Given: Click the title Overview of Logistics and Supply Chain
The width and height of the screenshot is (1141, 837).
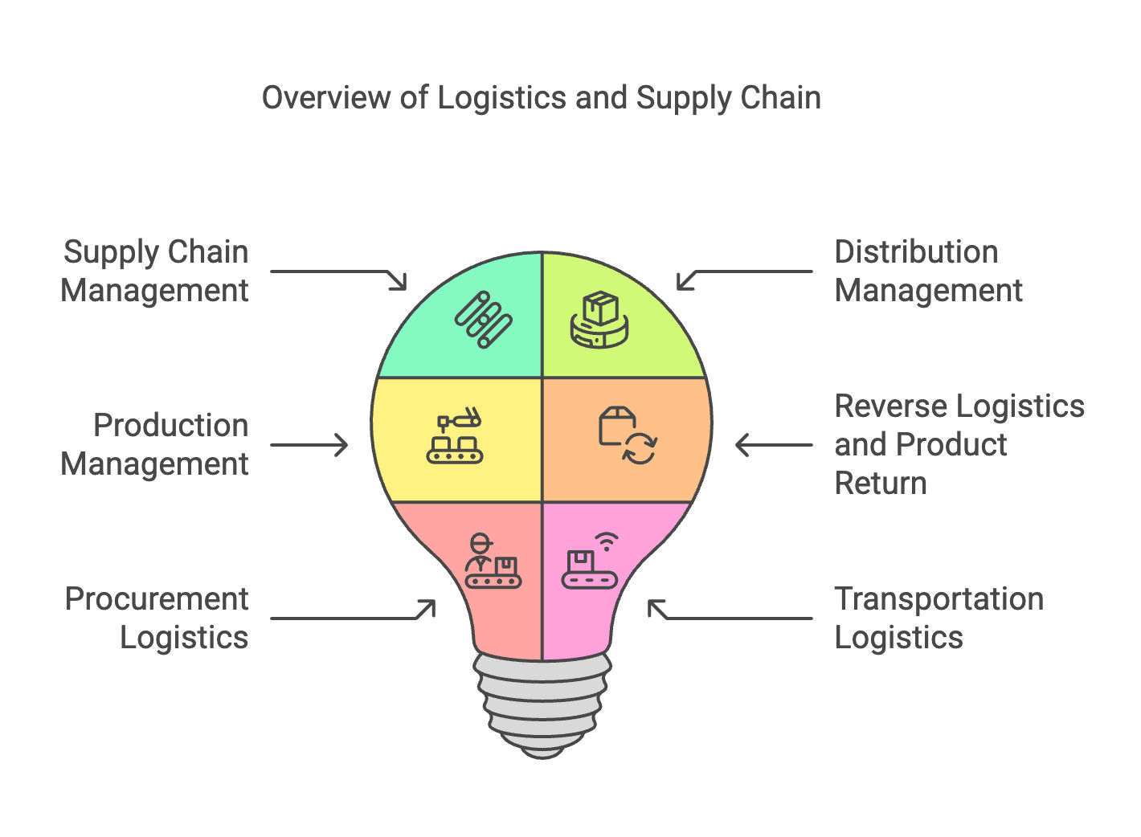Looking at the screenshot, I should click(542, 98).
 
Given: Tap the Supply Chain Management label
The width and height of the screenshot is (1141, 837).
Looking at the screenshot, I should click(155, 272).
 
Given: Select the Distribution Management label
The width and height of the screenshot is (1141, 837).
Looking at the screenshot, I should click(928, 272).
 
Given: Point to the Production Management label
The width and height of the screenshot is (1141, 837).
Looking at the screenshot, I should click(155, 445).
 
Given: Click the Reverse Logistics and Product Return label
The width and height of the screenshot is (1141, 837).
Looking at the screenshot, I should click(959, 445).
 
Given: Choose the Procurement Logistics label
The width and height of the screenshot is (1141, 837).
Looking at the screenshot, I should click(157, 619).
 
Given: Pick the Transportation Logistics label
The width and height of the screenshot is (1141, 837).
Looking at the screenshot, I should click(939, 619).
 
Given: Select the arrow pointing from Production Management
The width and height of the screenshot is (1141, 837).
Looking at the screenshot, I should click(309, 445).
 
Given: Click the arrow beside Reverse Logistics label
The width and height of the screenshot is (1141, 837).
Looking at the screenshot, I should click(774, 445).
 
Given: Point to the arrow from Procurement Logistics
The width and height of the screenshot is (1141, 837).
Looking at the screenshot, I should click(354, 614).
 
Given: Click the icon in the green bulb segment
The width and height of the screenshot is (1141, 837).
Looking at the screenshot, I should click(483, 320).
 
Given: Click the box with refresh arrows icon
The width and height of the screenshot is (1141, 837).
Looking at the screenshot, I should click(628, 436).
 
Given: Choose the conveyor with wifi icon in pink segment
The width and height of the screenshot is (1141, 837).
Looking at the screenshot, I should click(591, 561).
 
